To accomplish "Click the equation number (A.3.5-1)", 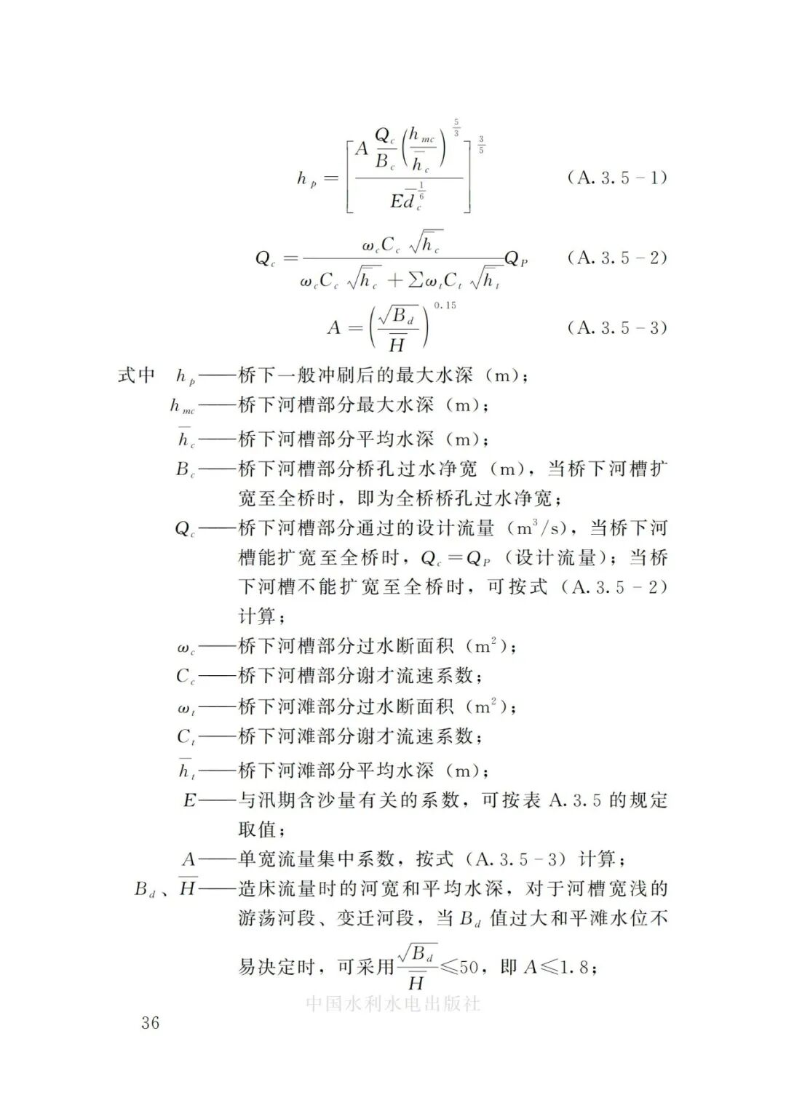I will click(616, 178).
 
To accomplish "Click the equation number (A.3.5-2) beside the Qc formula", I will click(616, 258).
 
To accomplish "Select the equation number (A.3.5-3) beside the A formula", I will click(616, 327).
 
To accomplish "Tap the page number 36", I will click(150, 1022).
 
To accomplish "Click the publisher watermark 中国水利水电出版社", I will click(393, 1003).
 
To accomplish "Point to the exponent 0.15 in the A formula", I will click(445, 306).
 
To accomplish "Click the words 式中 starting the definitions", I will click(137, 375).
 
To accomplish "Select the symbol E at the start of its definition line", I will click(189, 800).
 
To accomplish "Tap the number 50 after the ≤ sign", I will click(469, 968).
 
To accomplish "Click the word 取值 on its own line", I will click(258, 829).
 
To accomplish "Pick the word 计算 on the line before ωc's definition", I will click(258, 616).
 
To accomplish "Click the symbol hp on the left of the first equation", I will click(306, 179).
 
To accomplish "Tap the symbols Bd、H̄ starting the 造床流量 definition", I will click(165, 888).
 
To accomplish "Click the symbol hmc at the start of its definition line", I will click(182, 407).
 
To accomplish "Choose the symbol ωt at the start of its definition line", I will click(186, 707).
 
